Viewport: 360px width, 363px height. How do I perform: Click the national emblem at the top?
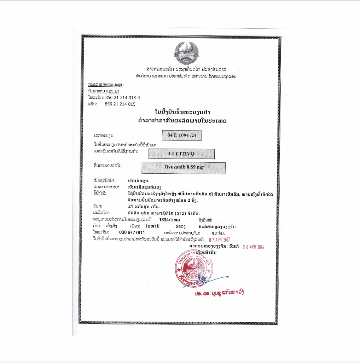pos(186,52)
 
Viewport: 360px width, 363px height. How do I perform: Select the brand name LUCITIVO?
pos(181,154)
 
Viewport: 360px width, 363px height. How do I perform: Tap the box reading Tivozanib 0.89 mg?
pos(184,168)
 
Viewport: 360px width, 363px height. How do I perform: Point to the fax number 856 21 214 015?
pos(120,104)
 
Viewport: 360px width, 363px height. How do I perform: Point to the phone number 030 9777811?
pos(132,232)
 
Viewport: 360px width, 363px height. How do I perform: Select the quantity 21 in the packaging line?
pos(131,206)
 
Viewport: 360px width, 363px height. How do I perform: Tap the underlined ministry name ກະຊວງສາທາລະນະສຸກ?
pos(106,85)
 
